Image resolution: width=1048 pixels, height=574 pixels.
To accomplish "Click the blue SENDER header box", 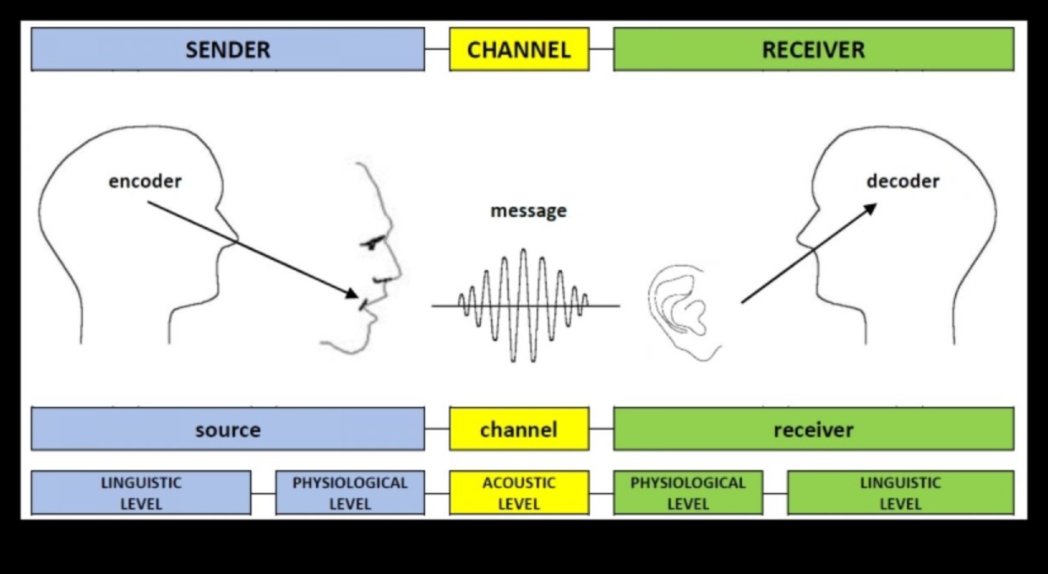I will click(227, 49).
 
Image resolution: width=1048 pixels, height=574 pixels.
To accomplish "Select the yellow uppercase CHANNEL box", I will click(519, 49).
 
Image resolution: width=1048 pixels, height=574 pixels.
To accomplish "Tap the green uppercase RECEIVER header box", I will click(813, 49).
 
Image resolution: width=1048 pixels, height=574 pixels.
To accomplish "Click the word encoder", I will click(145, 181).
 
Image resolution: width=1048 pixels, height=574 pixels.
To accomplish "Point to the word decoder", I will click(903, 181).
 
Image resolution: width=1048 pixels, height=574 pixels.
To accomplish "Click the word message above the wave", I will click(528, 211).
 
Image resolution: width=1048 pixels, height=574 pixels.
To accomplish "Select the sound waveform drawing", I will click(524, 306).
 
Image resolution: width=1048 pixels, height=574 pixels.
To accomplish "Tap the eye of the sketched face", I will click(371, 244).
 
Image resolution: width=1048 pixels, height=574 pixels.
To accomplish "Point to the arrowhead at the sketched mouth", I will click(352, 294).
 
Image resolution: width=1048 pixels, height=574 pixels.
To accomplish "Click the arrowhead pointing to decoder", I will click(870, 208).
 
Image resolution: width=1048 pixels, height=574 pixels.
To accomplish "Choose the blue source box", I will click(227, 429).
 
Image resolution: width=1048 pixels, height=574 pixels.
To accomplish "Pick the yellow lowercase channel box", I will click(519, 429).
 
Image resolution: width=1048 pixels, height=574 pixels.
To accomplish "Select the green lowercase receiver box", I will click(813, 429).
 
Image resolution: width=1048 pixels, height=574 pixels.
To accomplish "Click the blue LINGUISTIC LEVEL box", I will click(141, 493).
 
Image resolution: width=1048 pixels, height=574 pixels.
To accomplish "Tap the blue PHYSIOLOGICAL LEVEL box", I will click(350, 493).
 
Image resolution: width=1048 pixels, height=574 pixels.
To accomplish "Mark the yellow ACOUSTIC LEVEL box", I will click(519, 493).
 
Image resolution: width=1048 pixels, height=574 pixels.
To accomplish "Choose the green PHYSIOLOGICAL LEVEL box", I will click(688, 493).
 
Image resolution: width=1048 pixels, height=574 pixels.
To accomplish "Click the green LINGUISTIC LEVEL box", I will click(900, 493).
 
